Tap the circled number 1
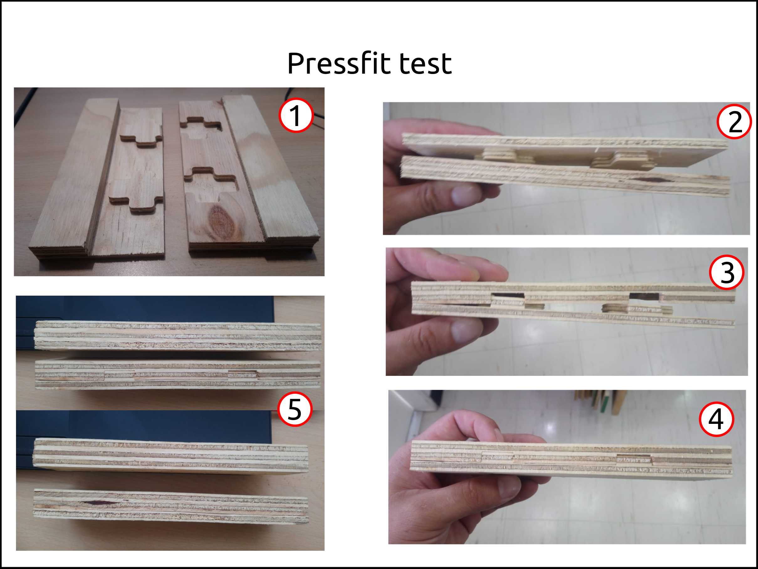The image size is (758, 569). pos(296,115)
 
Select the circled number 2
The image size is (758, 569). pos(734,121)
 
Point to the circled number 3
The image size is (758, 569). pos(727,272)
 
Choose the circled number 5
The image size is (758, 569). pos(295,409)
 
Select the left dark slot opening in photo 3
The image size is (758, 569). pos(508,295)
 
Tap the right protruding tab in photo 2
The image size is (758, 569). pos(620,161)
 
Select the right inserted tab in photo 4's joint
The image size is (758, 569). pos(634,459)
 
